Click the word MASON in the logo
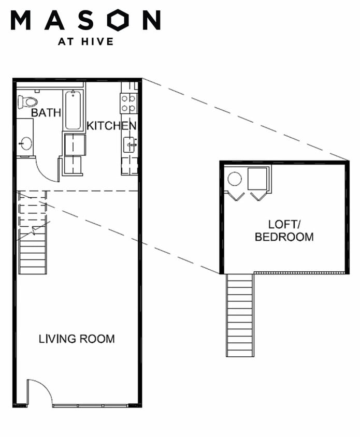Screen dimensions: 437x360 [85, 20]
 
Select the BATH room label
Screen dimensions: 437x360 [46, 112]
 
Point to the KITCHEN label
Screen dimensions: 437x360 [111, 126]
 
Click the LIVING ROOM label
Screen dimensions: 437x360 [77, 339]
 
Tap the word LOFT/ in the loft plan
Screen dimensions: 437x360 [284, 225]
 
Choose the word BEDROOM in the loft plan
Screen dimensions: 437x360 [284, 237]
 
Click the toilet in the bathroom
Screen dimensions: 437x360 [27, 101]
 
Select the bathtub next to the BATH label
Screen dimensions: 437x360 [73, 110]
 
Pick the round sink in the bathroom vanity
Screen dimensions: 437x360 [25, 143]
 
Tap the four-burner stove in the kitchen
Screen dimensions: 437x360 [128, 103]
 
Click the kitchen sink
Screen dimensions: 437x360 [130, 144]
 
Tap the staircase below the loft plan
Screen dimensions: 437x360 [240, 315]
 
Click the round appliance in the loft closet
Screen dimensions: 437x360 [235, 179]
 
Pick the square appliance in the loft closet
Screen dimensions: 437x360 [257, 179]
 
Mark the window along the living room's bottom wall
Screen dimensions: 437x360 [90, 405]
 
